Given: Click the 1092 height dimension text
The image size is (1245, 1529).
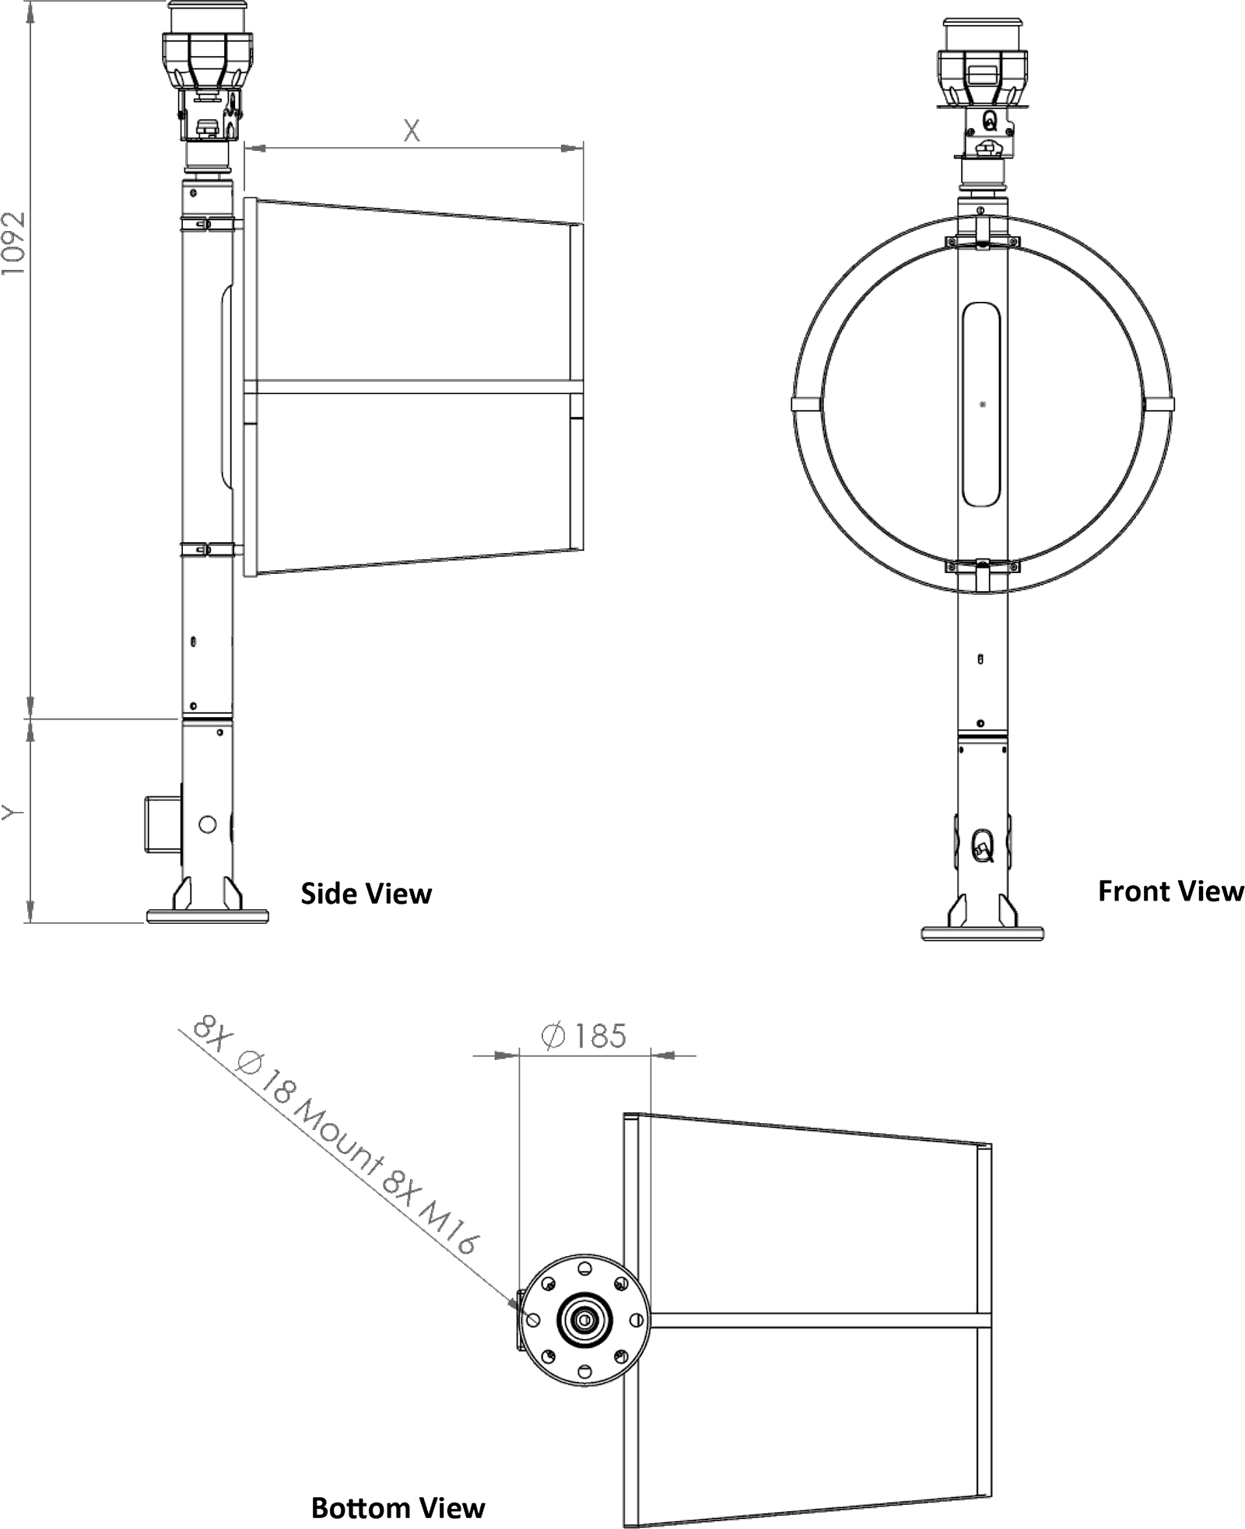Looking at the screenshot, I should click(14, 243).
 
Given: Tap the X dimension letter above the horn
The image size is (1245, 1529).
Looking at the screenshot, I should click(412, 131).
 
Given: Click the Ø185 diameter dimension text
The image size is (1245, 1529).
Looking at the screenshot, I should click(584, 1037).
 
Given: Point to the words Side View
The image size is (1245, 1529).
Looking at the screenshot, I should click(366, 894).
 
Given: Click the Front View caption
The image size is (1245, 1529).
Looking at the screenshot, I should click(1170, 891).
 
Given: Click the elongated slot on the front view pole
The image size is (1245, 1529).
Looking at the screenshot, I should click(982, 404).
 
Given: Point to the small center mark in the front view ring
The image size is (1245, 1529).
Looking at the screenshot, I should click(984, 404).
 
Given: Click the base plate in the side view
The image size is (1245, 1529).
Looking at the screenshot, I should click(207, 916).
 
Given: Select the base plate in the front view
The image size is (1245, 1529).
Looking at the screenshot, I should click(982, 932).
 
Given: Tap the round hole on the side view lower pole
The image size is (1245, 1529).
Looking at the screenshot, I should click(208, 824).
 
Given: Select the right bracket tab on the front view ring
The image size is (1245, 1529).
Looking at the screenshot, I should click(1160, 404).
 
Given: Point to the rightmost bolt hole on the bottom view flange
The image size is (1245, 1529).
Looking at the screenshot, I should click(636, 1321).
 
